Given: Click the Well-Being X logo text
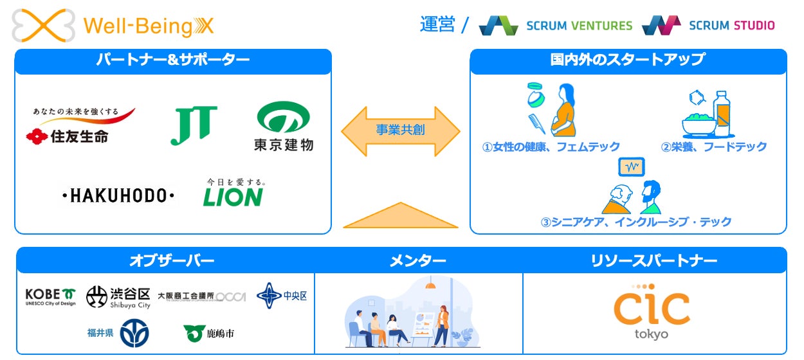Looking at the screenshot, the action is [x=148, y=26].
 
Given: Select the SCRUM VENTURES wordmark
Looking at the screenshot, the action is [x=579, y=26].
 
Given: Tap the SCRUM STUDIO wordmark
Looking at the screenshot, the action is [x=731, y=26].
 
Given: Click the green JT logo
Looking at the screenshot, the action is [x=194, y=125].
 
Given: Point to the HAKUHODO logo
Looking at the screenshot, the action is [x=118, y=195].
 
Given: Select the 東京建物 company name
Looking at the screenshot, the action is [x=283, y=144].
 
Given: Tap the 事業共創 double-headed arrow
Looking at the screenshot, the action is [x=400, y=130].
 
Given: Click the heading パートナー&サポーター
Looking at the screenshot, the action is [x=172, y=61].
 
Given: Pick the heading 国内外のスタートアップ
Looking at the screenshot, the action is [x=628, y=60].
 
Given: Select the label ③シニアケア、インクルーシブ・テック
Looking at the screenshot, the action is [x=636, y=222].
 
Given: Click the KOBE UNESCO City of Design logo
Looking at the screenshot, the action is [x=50, y=296].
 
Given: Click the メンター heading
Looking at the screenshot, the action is [x=418, y=260].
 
